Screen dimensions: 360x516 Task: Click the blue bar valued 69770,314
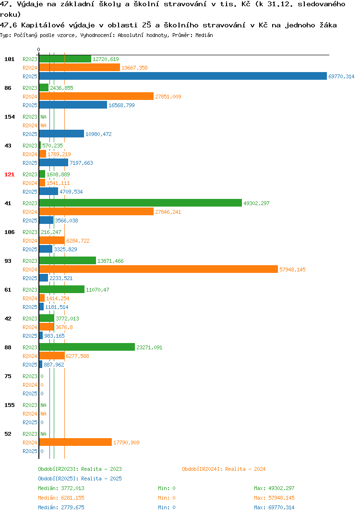click(x=183, y=76)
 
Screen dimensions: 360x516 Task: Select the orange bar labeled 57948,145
click(x=158, y=269)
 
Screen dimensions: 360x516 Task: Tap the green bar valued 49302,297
click(x=141, y=203)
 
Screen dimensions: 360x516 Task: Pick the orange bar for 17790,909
click(x=76, y=442)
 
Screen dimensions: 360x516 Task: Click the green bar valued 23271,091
click(x=87, y=347)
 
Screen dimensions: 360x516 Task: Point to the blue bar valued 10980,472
click(x=62, y=134)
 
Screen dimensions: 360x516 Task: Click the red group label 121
click(x=10, y=174)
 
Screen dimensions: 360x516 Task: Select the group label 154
click(x=10, y=117)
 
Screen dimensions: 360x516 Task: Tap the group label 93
click(x=8, y=261)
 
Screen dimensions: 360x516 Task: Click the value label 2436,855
click(x=61, y=88)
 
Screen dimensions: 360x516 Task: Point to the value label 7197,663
click(x=81, y=163)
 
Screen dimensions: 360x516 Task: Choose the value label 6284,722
click(x=78, y=241)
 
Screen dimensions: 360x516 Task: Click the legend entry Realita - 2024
click(x=224, y=469)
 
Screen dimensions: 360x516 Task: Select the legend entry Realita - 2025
click(x=80, y=479)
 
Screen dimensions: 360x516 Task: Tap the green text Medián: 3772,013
click(x=61, y=488)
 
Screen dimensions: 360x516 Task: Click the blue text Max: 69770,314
click(x=274, y=507)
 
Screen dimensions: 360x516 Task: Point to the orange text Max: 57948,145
click(x=274, y=498)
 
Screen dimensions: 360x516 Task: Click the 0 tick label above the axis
click(x=39, y=49)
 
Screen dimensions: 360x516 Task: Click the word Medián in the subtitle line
click(x=204, y=35)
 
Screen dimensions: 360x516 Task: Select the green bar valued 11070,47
click(x=62, y=289)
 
